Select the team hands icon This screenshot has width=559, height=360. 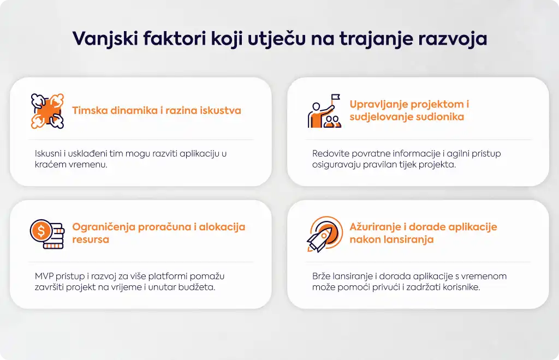pos(47,111)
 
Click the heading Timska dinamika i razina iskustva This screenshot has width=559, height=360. pos(157,110)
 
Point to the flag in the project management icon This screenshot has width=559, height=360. pos(336,98)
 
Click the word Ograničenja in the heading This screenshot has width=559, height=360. pos(103,227)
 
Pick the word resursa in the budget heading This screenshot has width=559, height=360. pos(91,239)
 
